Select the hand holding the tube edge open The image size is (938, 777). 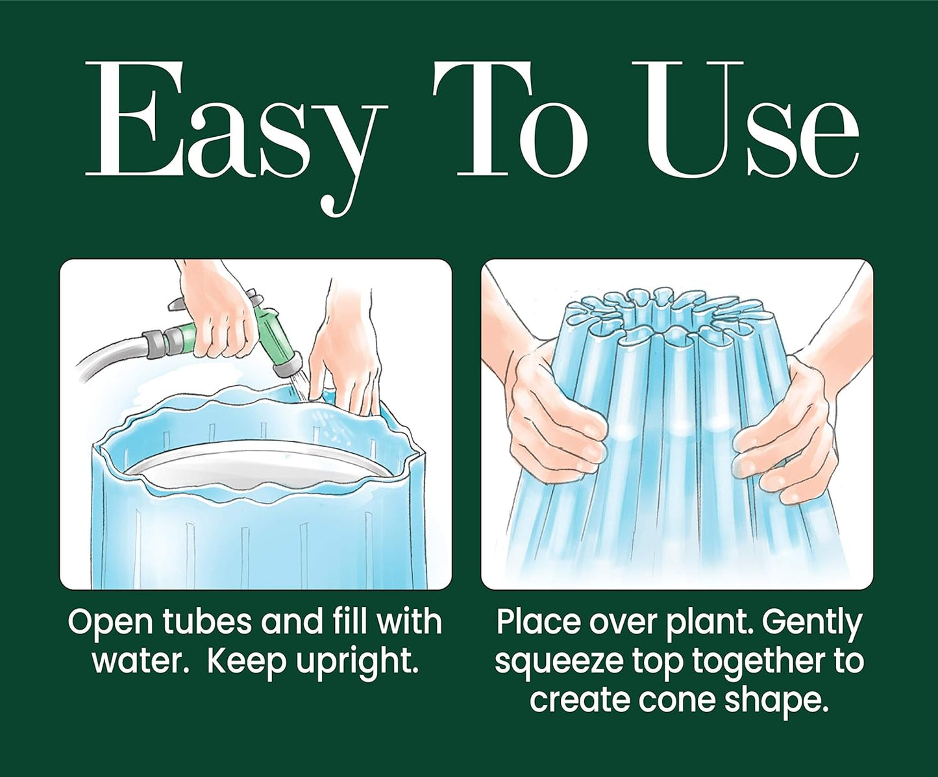pyautogui.click(x=346, y=360)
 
